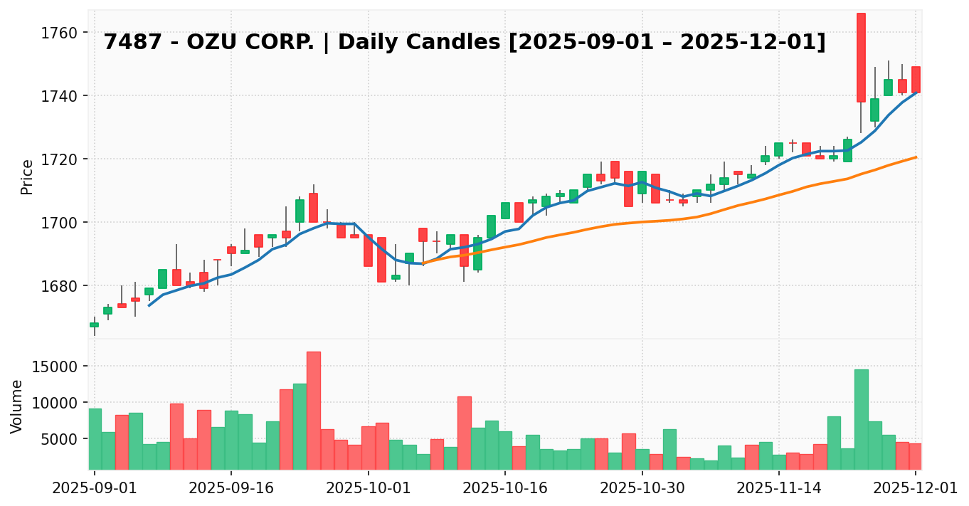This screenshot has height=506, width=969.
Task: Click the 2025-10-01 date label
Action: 368,488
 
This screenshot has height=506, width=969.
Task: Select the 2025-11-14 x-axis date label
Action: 779,488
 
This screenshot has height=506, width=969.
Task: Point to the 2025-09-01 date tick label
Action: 94,488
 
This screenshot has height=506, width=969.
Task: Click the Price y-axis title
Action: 27,176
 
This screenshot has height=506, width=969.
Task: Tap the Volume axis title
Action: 17,406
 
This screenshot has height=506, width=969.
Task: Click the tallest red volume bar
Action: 314,410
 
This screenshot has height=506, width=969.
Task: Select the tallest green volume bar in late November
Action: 861,419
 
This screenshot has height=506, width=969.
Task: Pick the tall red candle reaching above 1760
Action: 861,57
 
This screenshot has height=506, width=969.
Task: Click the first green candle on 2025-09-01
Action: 94,325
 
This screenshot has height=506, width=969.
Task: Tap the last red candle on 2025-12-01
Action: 916,79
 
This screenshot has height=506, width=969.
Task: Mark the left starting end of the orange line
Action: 423,263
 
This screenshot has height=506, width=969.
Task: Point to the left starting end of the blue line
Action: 149,305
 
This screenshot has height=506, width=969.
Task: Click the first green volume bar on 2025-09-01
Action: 95,438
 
